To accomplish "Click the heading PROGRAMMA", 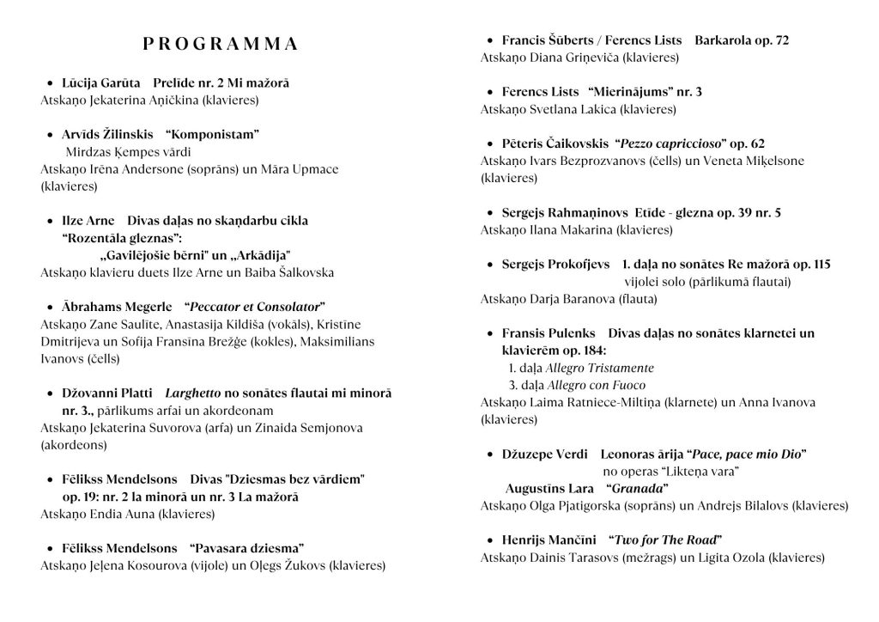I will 220,44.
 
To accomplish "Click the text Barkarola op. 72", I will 742,40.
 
